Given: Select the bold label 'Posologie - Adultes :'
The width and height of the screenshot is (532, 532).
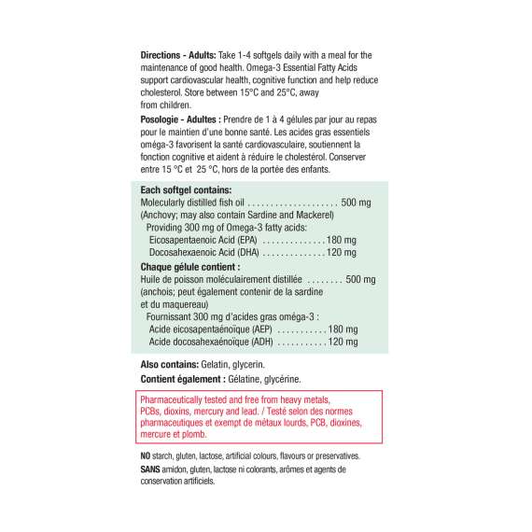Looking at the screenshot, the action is (x=179, y=119).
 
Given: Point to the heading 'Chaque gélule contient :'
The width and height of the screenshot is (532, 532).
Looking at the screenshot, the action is (x=189, y=266).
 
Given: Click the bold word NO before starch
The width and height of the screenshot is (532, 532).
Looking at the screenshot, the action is (x=145, y=456).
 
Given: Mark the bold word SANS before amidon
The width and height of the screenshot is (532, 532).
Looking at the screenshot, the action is (x=149, y=469).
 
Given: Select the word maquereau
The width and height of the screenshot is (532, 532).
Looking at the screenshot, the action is (x=182, y=304).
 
